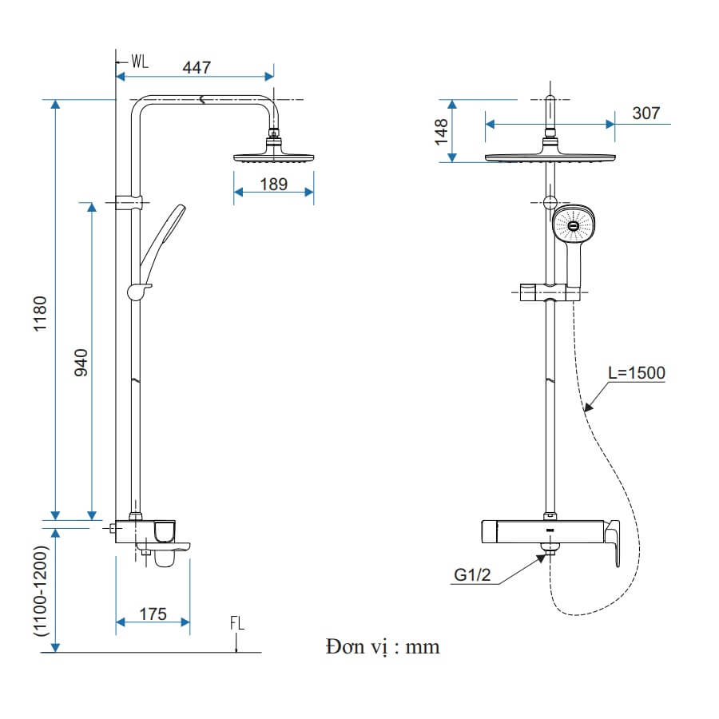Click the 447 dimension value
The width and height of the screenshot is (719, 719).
pos(197,67)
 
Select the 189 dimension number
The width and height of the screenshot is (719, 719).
pos(274,185)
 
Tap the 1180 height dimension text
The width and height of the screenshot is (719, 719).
pos(41,314)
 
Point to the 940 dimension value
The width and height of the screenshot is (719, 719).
pos(81,363)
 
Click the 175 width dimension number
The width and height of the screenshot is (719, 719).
pos(153,614)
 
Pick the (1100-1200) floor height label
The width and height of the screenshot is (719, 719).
pos(41,590)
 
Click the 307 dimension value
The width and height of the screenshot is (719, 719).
pos(646,113)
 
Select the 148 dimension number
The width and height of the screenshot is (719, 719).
pos(441,132)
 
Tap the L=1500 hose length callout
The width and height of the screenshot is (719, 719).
pos(637,373)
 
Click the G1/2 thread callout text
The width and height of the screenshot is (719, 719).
pos(472,574)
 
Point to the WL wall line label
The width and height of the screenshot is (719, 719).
pos(140,61)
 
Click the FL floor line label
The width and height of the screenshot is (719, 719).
pos(237,623)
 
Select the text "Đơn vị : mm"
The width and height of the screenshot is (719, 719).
pos(383,647)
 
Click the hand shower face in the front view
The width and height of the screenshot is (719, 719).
pos(573,224)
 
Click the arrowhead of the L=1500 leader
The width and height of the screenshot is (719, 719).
pos(588,407)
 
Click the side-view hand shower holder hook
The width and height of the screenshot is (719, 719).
pos(138,291)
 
